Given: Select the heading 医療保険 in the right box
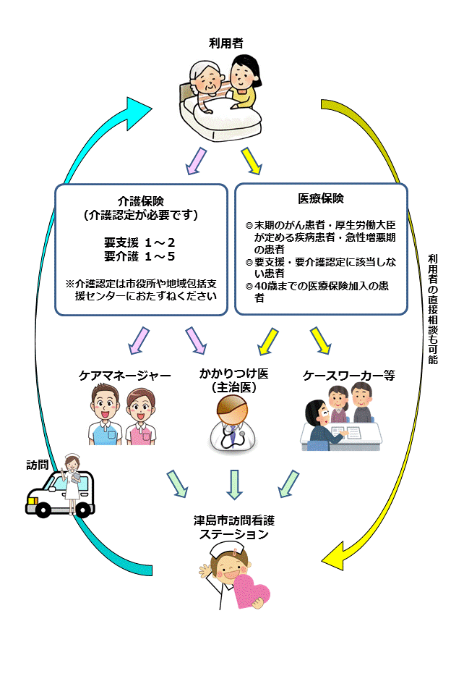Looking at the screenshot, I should (x=321, y=198).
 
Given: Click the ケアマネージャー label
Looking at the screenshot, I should (x=125, y=376).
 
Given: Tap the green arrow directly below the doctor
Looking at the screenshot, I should (x=233, y=484).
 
